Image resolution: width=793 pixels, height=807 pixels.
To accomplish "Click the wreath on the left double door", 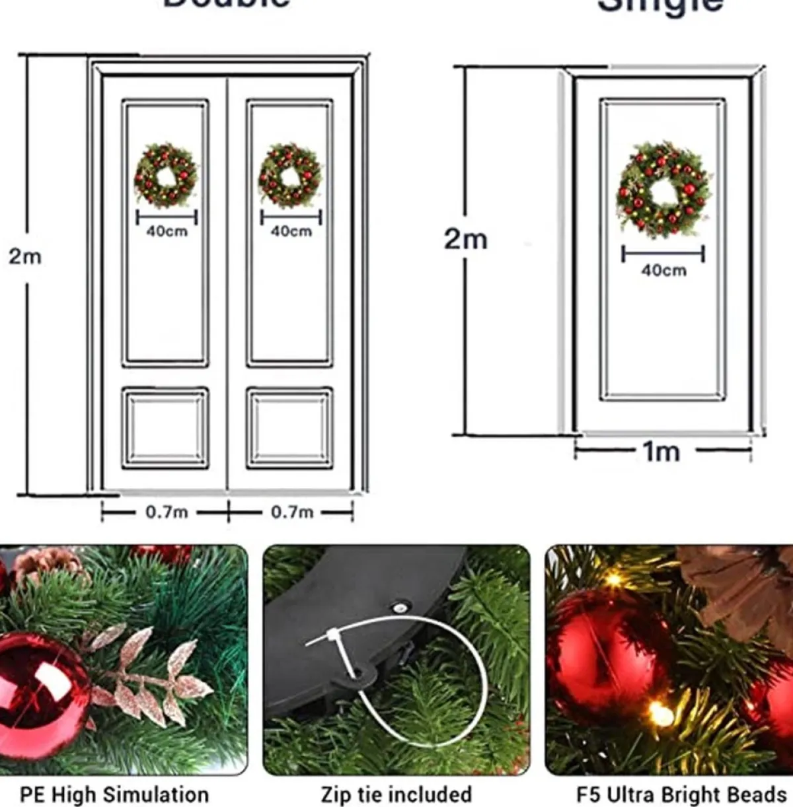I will (x=165, y=176).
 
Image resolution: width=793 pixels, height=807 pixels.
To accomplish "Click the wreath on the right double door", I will (x=289, y=176).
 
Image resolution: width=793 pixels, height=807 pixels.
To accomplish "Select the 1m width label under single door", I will (x=661, y=452).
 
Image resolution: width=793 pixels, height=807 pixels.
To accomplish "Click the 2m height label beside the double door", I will (x=24, y=256).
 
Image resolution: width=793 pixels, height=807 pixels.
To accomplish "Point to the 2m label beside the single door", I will (x=465, y=239).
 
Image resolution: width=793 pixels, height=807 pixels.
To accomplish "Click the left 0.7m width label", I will (x=166, y=512).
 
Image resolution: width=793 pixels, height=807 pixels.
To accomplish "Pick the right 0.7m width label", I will (x=291, y=512).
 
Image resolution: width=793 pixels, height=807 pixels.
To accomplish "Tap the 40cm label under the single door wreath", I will (x=663, y=270).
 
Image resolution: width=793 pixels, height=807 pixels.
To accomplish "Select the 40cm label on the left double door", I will (x=167, y=231).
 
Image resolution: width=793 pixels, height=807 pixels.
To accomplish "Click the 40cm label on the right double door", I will (x=291, y=231).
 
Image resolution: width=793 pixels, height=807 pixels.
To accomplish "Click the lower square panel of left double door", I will (x=165, y=428).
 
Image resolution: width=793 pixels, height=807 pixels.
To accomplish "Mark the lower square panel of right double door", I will (x=289, y=428).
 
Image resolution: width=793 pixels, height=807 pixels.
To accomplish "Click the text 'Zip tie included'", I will (x=397, y=793).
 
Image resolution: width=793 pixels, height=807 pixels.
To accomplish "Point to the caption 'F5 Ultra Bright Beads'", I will (x=681, y=793).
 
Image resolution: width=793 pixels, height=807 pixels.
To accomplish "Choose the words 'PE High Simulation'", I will (x=114, y=793).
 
